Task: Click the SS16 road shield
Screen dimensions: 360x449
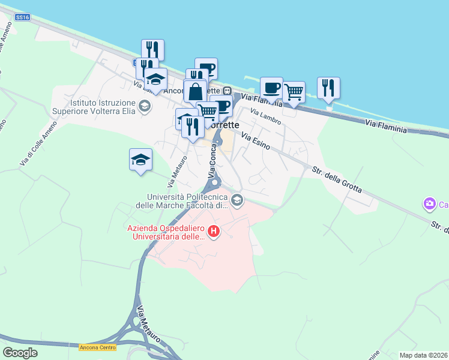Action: point(23,17)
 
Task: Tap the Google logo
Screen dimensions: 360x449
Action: point(20,353)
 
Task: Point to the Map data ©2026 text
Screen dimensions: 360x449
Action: point(423,355)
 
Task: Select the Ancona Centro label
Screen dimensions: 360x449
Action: point(95,347)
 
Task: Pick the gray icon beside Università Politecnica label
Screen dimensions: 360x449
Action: point(237,200)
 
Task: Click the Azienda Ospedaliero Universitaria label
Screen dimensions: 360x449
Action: point(165,232)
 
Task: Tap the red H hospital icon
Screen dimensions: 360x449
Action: point(213,231)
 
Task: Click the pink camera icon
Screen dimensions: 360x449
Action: point(429,205)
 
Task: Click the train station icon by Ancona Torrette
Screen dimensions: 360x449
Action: point(228,91)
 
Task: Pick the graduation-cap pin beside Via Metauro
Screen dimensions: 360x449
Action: point(140,160)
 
